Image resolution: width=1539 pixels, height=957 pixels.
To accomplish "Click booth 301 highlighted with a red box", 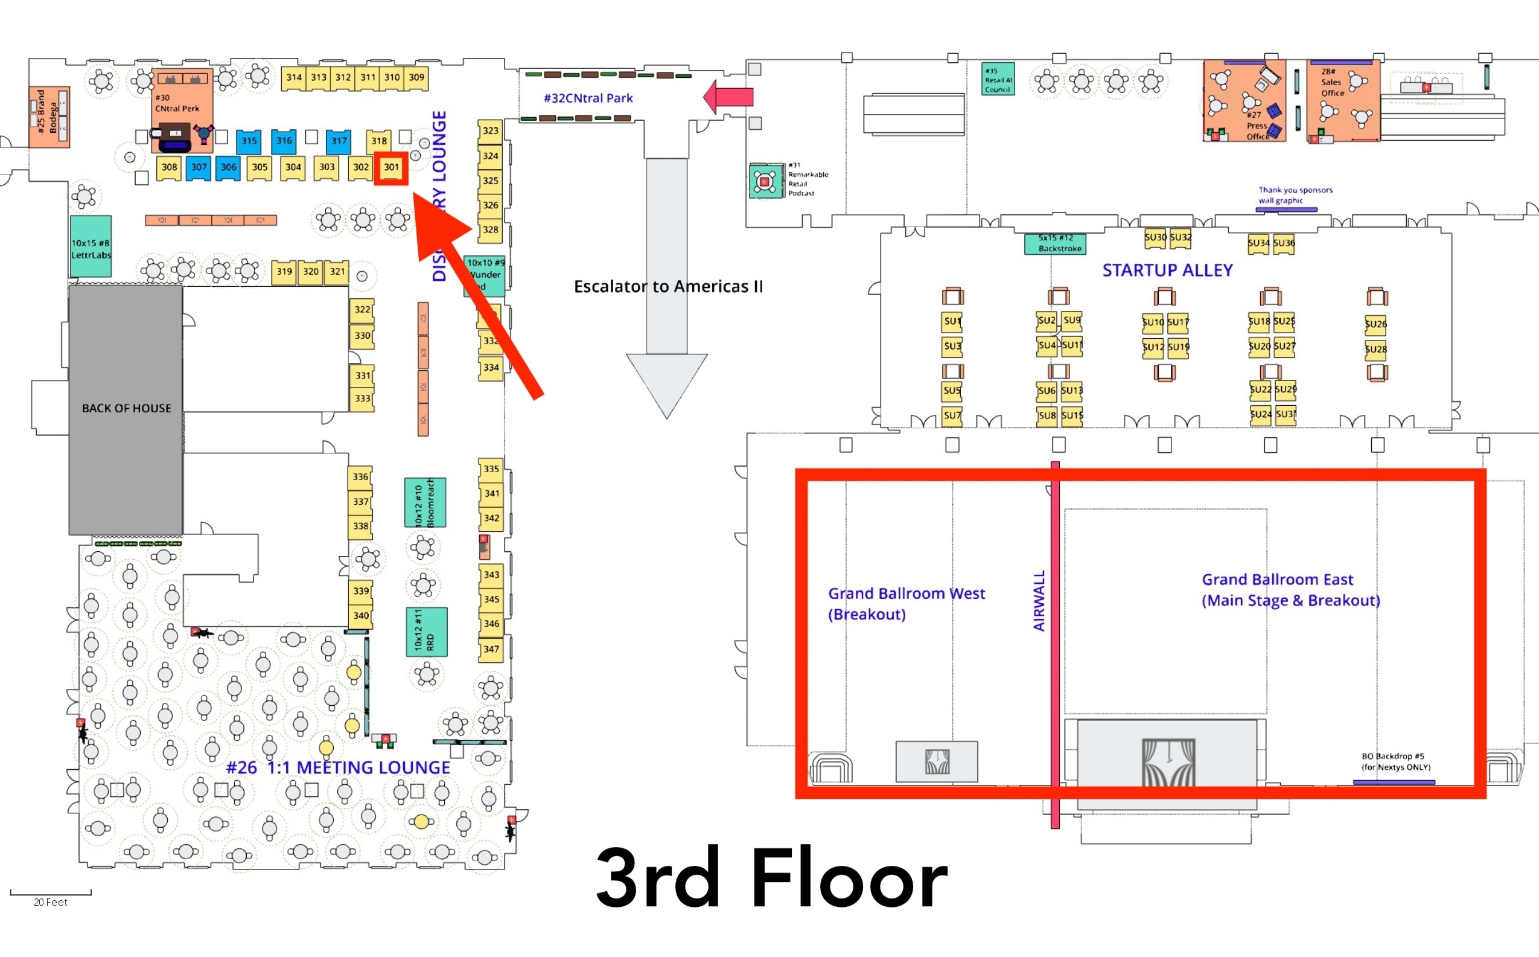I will coord(391,168).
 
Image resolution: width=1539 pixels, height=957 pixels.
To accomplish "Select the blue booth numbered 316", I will coord(284,141).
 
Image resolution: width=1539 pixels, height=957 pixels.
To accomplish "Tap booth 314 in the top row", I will coord(293,78).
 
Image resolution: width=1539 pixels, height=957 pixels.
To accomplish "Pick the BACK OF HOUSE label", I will coord(127,409).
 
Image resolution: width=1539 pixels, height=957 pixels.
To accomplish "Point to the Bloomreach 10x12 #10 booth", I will coord(425,502).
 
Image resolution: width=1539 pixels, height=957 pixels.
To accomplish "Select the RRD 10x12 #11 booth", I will coord(426,632).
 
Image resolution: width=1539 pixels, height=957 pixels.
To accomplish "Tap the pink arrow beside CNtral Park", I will coord(728,97).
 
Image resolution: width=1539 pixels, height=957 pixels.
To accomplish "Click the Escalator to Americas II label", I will coord(668,287).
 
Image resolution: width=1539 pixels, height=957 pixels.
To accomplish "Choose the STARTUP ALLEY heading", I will coord(1167,271).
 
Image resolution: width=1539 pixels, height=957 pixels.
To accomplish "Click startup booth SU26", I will coord(1375,324).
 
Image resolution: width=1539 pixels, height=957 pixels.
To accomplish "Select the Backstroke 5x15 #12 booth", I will coord(1055,244).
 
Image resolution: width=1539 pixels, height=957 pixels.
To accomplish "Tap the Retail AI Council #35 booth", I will coord(998,80).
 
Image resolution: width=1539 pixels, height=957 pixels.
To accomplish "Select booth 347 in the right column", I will coord(491,650).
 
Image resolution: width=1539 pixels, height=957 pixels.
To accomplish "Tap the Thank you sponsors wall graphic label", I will coord(1294,195).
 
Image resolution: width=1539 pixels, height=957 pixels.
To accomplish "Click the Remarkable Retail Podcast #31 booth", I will coord(766,182).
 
